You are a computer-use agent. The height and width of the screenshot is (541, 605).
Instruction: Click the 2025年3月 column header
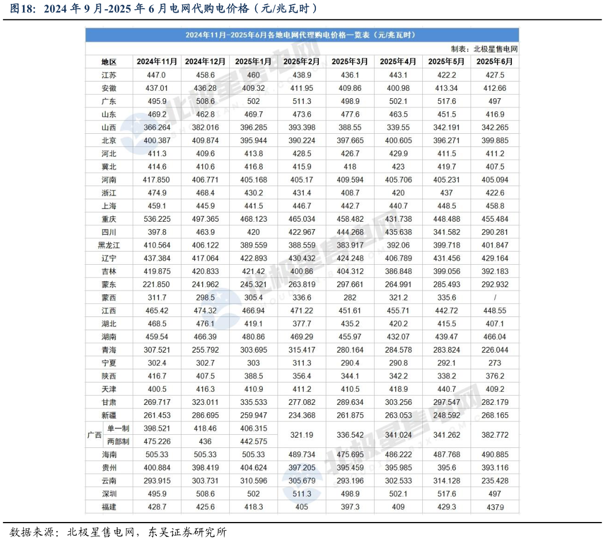click(x=350, y=61)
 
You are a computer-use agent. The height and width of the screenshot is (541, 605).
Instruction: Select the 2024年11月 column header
click(x=157, y=61)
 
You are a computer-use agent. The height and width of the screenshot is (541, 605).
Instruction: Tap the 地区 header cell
click(x=109, y=61)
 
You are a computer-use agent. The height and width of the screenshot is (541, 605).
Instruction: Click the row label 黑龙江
click(x=109, y=245)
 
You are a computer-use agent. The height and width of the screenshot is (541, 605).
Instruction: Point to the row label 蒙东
click(x=109, y=284)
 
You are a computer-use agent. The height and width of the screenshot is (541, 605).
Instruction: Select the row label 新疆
click(x=109, y=415)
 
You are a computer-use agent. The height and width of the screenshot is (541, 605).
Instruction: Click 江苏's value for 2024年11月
click(x=156, y=75)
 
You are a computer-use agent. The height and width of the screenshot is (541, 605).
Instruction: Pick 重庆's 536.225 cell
click(x=156, y=219)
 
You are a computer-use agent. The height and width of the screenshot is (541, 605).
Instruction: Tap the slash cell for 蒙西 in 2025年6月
click(x=495, y=297)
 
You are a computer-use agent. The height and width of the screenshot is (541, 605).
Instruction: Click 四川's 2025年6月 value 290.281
click(x=495, y=232)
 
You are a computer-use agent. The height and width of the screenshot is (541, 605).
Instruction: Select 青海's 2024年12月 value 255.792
click(x=205, y=350)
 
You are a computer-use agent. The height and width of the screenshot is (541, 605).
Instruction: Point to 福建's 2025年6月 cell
click(x=495, y=507)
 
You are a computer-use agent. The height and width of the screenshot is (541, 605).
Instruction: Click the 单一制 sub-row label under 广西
click(x=118, y=428)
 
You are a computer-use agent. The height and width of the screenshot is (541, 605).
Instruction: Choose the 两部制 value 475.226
click(x=156, y=442)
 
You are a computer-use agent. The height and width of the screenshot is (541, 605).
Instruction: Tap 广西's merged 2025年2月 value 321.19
click(x=302, y=435)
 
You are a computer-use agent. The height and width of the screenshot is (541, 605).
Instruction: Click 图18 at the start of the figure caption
click(x=21, y=9)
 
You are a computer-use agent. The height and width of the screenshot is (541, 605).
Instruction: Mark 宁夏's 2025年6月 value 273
click(x=495, y=363)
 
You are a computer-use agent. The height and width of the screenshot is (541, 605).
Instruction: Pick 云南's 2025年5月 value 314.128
click(x=446, y=481)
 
